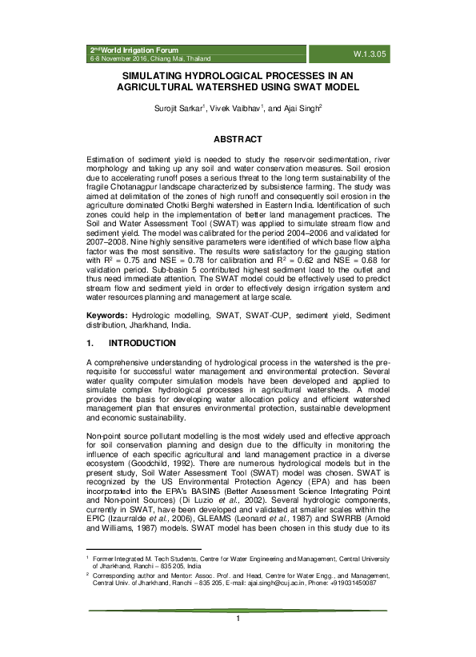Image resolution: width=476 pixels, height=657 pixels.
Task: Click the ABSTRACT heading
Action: pos(238,138)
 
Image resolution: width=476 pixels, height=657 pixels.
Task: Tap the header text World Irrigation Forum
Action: pos(136,50)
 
